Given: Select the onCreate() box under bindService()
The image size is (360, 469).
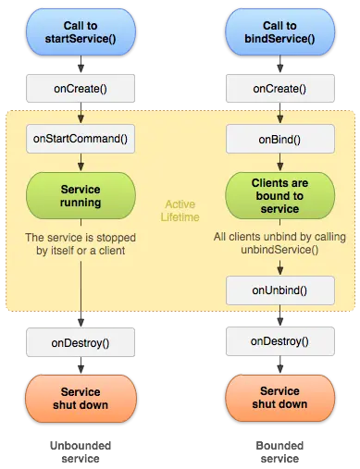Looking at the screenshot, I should [279, 89].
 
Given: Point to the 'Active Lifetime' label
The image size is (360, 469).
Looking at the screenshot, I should [180, 210].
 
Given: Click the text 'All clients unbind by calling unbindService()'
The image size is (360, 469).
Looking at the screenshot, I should [279, 244].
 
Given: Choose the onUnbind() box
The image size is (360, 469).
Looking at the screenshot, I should [279, 290].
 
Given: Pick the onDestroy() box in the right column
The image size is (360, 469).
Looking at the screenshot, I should [279, 341].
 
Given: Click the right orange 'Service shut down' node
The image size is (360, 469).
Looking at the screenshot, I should [279, 398].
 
